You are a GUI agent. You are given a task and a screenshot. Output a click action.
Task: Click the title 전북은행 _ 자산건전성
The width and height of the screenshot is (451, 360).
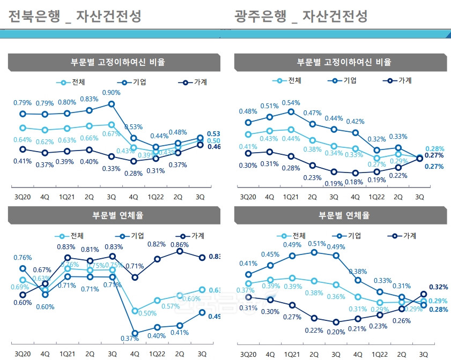pyautogui.click(x=75, y=17)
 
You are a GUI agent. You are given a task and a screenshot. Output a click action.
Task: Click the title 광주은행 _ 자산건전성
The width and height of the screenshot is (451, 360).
pyautogui.click(x=301, y=17)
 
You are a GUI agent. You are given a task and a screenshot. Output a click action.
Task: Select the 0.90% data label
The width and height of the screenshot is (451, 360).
pyautogui.click(x=111, y=93)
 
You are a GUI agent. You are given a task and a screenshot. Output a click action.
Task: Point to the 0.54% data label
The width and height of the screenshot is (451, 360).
pyautogui.click(x=291, y=103)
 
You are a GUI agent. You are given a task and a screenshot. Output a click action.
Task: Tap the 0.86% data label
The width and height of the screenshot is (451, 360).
pyautogui.click(x=180, y=244)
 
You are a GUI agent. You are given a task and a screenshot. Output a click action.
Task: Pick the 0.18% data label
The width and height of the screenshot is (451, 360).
pyautogui.click(x=354, y=182)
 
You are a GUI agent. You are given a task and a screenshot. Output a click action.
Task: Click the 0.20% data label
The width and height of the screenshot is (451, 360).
pyautogui.click(x=336, y=332)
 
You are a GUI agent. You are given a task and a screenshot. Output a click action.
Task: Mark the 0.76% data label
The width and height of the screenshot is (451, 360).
pyautogui.click(x=22, y=258)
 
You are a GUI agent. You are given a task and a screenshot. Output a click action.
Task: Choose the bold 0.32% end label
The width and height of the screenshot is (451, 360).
pyautogui.click(x=438, y=287)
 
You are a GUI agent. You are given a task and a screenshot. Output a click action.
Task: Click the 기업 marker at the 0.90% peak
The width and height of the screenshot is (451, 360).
pyautogui.click(x=112, y=104)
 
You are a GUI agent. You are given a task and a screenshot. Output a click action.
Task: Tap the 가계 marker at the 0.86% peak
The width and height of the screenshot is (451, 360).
pyautogui.click(x=180, y=251)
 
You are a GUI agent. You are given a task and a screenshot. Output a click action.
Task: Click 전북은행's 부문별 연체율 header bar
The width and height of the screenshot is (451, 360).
pyautogui.click(x=114, y=215)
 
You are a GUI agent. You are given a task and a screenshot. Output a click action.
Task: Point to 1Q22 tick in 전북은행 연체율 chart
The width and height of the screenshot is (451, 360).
pyautogui.click(x=157, y=354)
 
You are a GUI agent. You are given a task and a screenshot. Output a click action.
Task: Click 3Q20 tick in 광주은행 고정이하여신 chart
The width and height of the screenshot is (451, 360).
pyautogui.click(x=248, y=197)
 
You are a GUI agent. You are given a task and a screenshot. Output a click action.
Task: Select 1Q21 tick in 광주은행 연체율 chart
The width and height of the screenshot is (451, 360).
pyautogui.click(x=292, y=354)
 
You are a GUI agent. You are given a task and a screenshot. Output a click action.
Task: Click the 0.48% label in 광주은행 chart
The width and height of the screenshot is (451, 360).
pyautogui.click(x=248, y=111)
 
